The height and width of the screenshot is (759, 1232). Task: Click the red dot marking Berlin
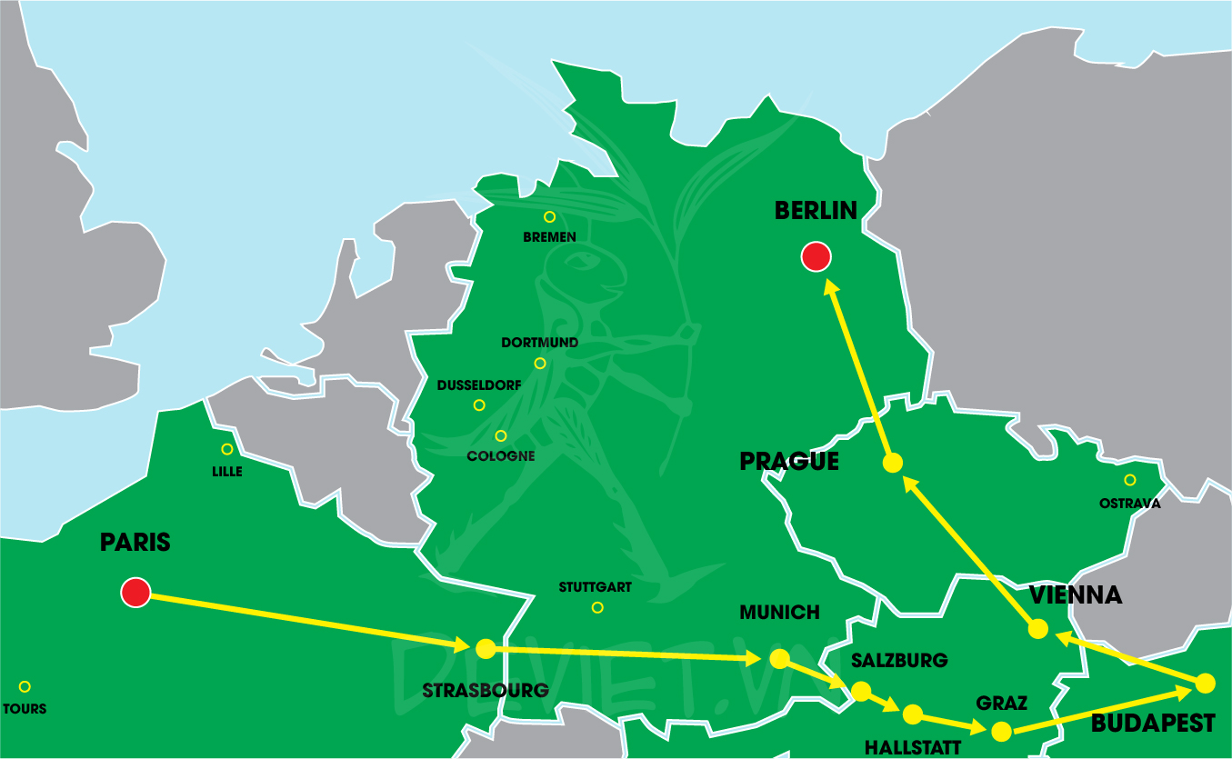(x=816, y=257)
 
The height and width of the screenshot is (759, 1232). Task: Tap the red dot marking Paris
(x=135, y=593)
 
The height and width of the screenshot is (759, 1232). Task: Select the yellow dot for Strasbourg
(x=486, y=648)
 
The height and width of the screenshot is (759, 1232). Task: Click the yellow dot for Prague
(x=893, y=463)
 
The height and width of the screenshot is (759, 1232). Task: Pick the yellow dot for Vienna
(x=1037, y=629)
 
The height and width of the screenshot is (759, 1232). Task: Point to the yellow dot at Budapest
(x=1205, y=683)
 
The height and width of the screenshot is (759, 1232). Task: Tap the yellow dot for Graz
(x=1001, y=731)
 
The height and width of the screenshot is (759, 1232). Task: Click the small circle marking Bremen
(x=549, y=217)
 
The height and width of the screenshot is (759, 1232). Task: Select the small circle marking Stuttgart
(x=597, y=607)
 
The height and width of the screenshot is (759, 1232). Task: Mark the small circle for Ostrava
(x=1129, y=480)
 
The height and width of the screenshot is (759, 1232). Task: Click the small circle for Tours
(x=25, y=686)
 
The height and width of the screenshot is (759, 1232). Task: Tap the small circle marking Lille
(x=227, y=449)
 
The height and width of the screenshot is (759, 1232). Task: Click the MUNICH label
(x=779, y=613)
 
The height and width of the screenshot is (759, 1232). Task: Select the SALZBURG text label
(x=898, y=661)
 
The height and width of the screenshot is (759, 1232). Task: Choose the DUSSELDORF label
(x=479, y=385)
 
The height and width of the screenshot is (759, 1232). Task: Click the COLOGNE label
(x=500, y=455)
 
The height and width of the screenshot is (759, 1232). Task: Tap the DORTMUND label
(x=539, y=343)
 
